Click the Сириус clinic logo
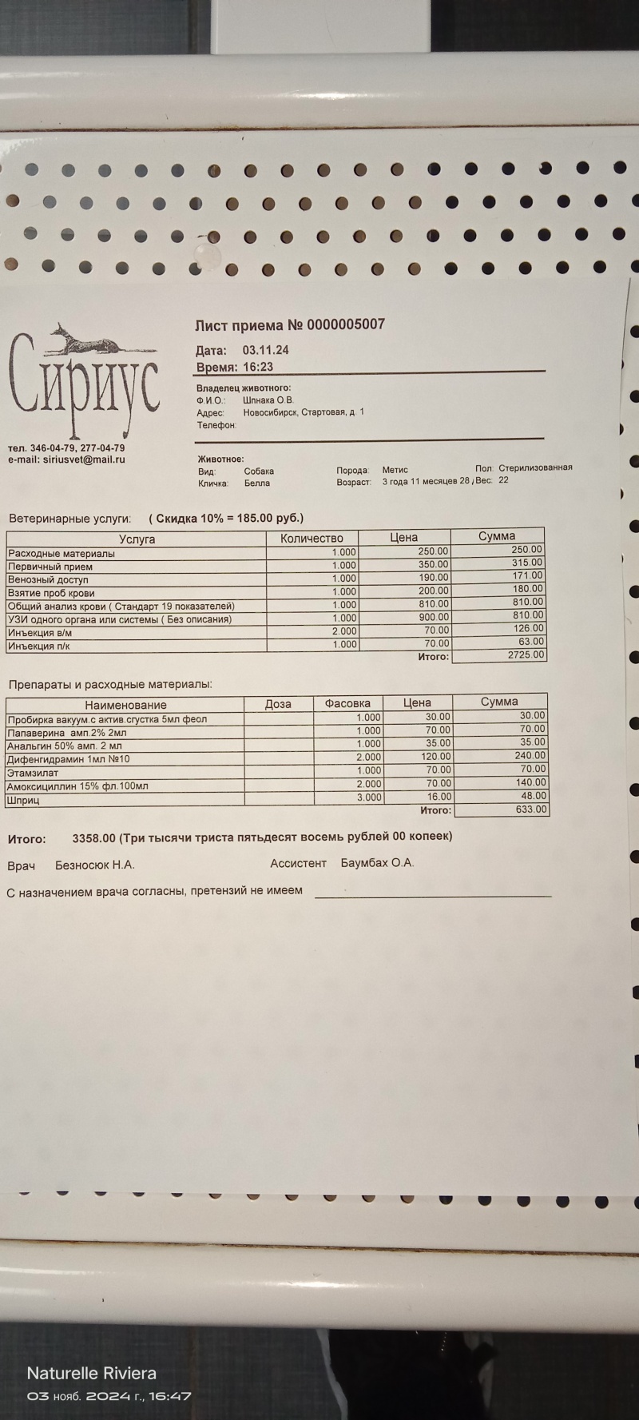tap(83, 376)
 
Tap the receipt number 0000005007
tap(346, 324)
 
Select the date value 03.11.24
tap(265, 350)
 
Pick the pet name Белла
tap(257, 483)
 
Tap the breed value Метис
tap(395, 470)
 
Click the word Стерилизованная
tap(535, 468)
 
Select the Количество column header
tap(312, 539)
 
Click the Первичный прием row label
tap(50, 567)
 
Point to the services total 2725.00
tap(526, 654)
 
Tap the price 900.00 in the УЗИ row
tap(434, 618)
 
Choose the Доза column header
tap(278, 704)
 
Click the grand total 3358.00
tap(93, 837)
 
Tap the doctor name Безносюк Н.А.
tap(94, 865)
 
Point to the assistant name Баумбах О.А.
tap(377, 863)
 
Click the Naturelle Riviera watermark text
tap(92, 1374)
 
